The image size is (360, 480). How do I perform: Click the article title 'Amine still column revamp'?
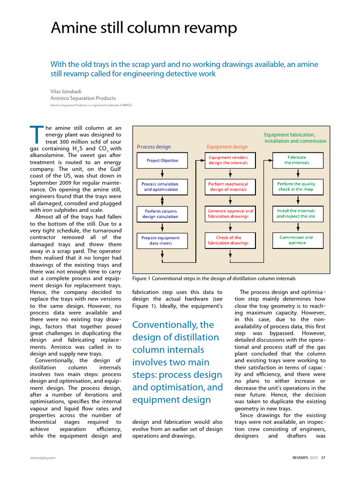point(143,29)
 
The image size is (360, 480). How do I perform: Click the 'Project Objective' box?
point(162,161)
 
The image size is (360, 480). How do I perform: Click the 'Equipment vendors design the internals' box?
point(228,160)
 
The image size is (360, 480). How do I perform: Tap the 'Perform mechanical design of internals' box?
point(228,187)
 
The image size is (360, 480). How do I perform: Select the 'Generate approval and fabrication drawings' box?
point(230,214)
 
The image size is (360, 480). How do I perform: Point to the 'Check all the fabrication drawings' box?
point(229,240)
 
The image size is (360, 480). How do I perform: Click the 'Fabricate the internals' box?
point(296,160)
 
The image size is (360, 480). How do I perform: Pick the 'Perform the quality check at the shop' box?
point(296,187)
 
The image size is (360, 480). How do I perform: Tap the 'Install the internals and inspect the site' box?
point(296,214)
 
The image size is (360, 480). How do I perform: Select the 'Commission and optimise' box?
point(296,240)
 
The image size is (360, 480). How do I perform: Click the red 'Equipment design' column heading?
point(227,147)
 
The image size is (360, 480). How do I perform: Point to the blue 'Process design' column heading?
point(154,147)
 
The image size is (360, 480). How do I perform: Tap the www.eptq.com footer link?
point(43,457)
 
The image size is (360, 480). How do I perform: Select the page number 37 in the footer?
point(323,457)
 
